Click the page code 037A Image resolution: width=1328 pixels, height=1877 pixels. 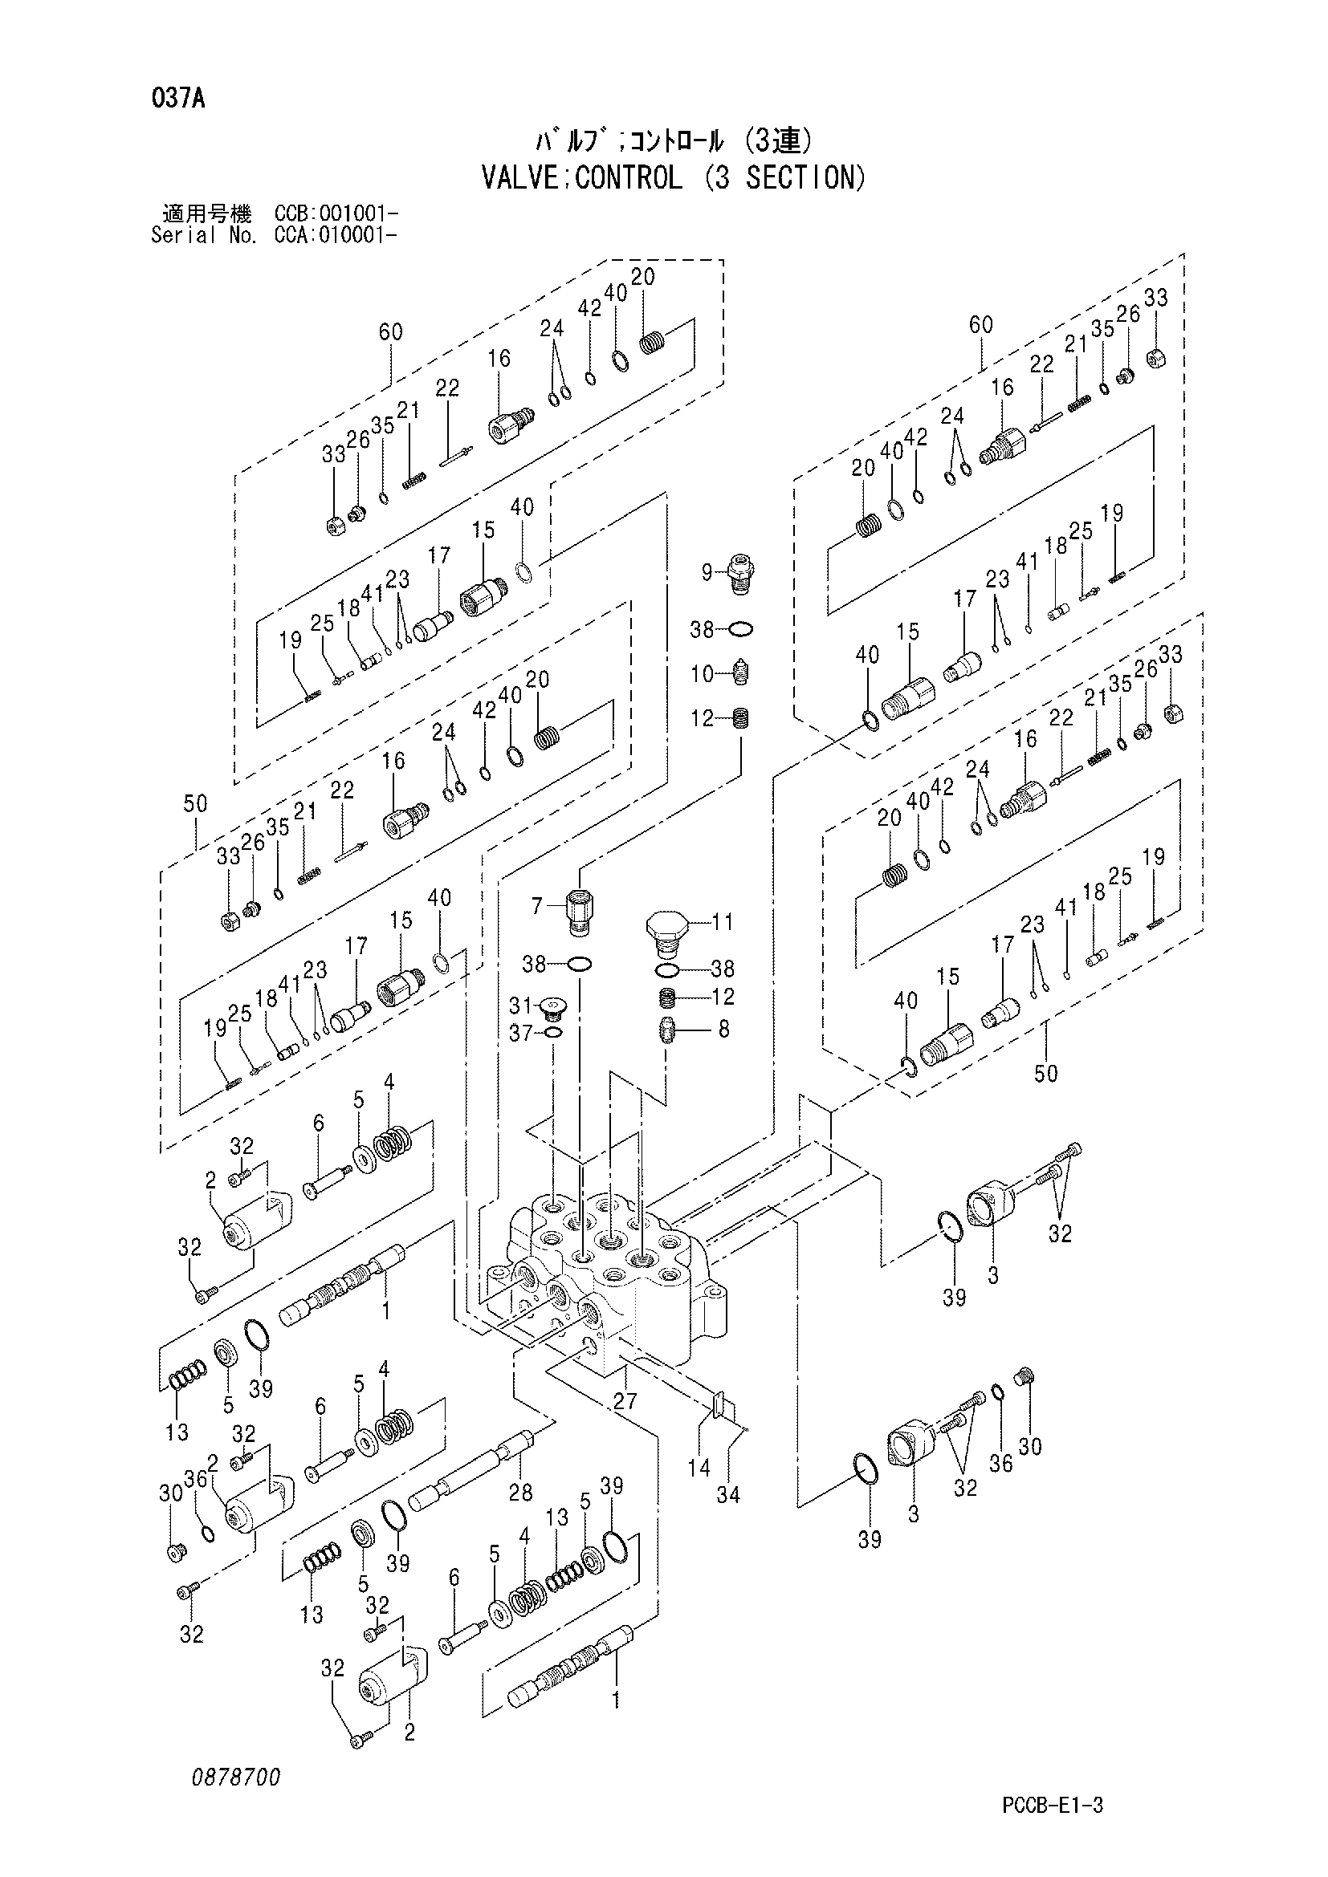click(x=177, y=100)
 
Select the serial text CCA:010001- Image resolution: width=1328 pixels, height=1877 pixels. click(x=336, y=236)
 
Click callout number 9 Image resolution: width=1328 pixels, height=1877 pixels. click(x=707, y=573)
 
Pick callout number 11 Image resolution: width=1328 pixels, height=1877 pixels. click(x=722, y=922)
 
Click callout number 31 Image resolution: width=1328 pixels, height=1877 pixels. click(x=521, y=1005)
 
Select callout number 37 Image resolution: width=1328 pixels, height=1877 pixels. click(x=521, y=1034)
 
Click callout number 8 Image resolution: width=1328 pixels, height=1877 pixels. click(x=723, y=1029)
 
